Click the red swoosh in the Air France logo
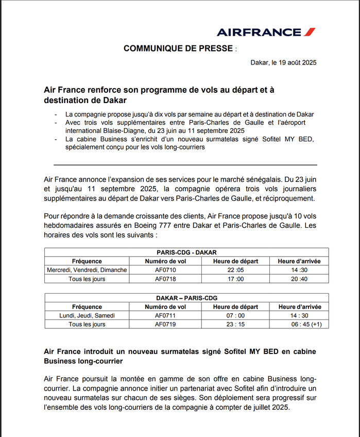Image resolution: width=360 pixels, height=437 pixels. click(x=309, y=32)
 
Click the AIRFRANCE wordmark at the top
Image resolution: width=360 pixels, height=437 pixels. click(x=259, y=32)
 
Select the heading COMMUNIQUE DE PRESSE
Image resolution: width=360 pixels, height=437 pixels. click(x=178, y=48)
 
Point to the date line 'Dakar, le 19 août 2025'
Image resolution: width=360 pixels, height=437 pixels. click(x=283, y=63)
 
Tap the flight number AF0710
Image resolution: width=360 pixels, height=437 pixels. click(x=165, y=270)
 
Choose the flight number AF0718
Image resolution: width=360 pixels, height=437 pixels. click(x=165, y=279)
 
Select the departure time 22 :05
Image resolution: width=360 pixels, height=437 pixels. click(x=235, y=270)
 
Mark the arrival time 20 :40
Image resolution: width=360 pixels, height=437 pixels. click(x=299, y=279)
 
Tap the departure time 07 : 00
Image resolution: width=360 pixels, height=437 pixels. click(x=235, y=315)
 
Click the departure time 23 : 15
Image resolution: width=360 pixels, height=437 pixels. click(x=235, y=325)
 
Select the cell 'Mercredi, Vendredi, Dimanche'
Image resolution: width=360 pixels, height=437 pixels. click(x=87, y=270)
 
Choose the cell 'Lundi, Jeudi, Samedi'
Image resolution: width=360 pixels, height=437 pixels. click(x=87, y=315)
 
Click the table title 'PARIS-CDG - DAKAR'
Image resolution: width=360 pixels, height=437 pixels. click(x=186, y=253)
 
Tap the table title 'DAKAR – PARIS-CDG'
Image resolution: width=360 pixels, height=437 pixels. click(x=186, y=298)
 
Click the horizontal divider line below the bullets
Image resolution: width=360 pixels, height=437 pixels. click(x=185, y=165)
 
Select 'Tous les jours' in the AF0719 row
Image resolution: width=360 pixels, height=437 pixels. click(x=87, y=325)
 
